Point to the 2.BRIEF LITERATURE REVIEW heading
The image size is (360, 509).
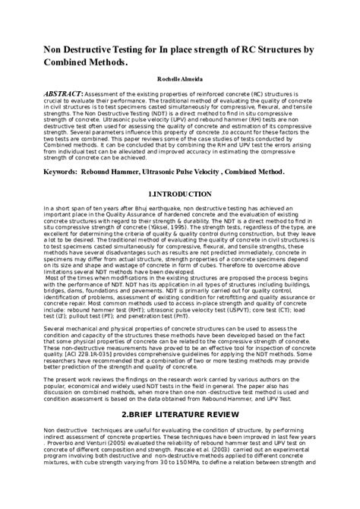pos(179,414)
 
